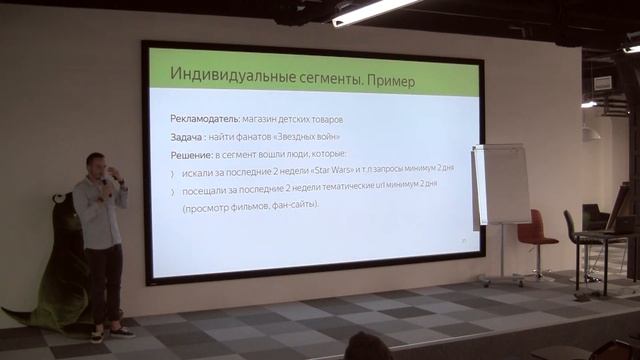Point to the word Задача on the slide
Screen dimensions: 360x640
pos(189,137)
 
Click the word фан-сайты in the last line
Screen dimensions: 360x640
pos(293,205)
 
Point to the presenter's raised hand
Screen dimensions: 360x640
pos(113,176)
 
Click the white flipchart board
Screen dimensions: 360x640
pos(501,184)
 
